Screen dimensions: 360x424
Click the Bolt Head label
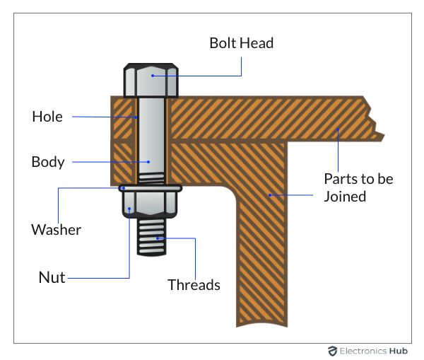[241, 43]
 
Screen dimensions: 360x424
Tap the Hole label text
[47, 117]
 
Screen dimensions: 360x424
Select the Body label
[48, 162]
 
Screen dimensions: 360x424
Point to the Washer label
[56, 230]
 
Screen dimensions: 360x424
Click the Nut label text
[51, 277]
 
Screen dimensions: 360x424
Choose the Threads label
[194, 285]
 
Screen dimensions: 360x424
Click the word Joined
[345, 196]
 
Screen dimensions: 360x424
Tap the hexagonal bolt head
[151, 81]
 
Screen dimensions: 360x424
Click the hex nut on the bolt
[151, 202]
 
